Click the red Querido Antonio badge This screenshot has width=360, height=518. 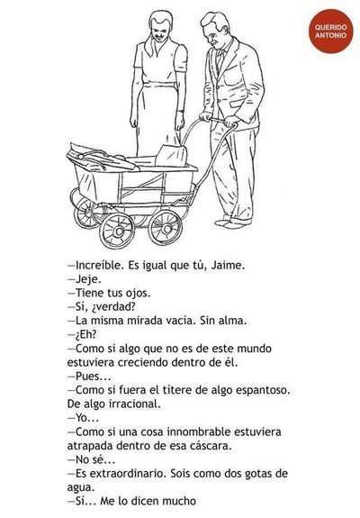tap(330, 31)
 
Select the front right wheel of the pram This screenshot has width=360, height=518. tap(165, 228)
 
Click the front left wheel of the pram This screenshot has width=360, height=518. tap(117, 231)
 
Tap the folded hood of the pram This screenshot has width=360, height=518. tap(99, 157)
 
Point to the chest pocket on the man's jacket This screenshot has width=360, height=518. tap(232, 80)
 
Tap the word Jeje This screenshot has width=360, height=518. tap(88, 279)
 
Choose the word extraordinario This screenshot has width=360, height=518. tap(128, 473)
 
